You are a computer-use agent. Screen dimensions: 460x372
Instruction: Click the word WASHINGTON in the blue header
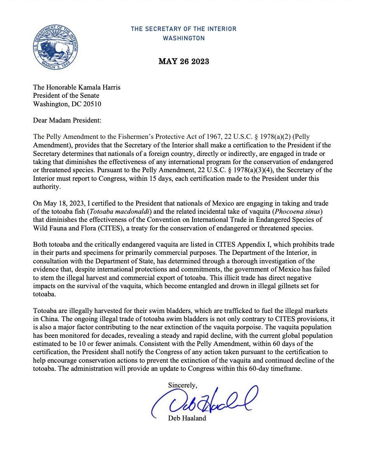pyautogui.click(x=183, y=38)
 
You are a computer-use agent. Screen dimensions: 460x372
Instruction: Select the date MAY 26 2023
pyautogui.click(x=184, y=62)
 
